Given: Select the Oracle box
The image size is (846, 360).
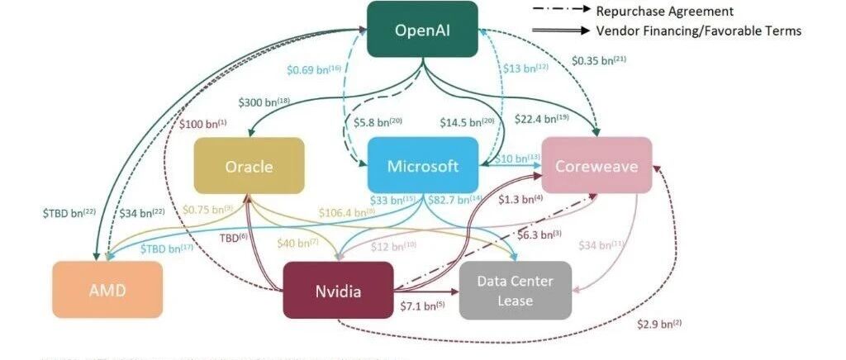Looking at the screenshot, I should point(249,166).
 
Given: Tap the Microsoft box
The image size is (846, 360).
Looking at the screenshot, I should point(423,166).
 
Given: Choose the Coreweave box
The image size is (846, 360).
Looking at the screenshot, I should point(596,166).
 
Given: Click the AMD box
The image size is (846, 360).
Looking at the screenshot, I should point(107,290).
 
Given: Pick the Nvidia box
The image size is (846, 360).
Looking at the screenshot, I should point(338,290).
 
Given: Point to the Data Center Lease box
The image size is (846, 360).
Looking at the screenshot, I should point(516,290).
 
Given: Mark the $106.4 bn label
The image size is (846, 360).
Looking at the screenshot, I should point(346,212).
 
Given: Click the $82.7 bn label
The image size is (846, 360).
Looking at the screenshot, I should point(454,199).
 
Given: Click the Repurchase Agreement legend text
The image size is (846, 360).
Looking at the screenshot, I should point(663,11).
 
